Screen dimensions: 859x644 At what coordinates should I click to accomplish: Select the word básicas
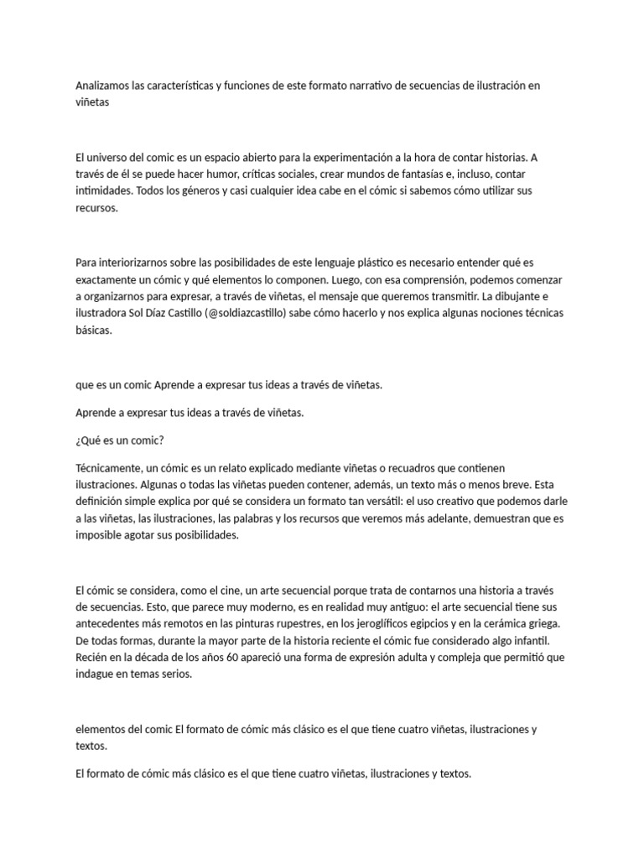click(92, 330)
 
